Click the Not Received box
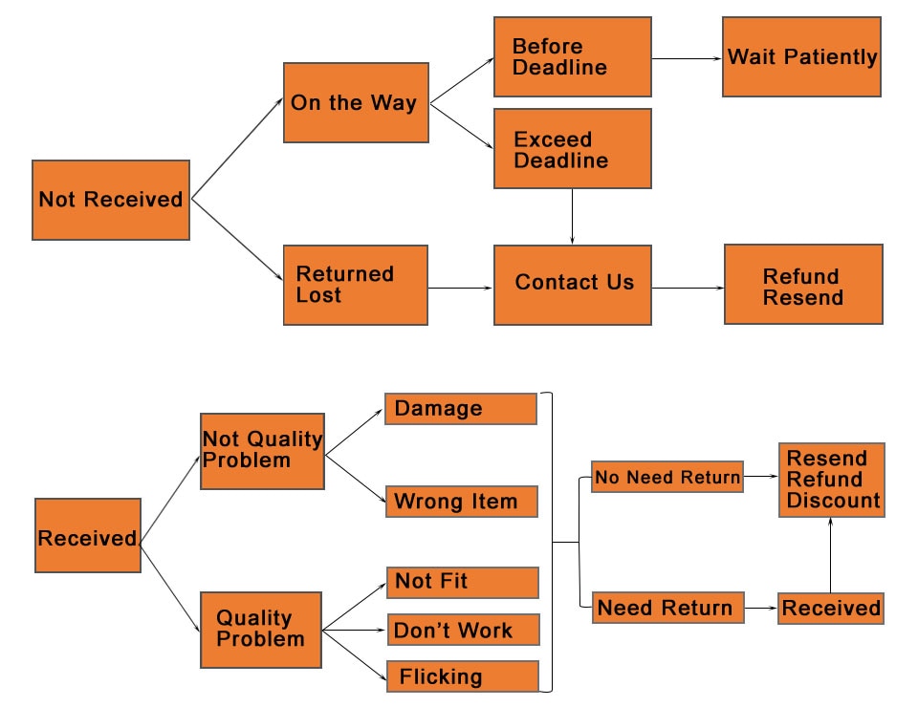111,200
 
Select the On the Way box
356,103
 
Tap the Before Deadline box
573,56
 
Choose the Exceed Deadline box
573,148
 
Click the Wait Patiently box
801,56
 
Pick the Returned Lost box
356,285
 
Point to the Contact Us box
573,285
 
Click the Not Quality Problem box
262,452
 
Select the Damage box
461,409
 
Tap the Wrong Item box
461,502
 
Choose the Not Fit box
463,583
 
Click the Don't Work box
463,630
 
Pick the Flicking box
463,676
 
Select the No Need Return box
667,477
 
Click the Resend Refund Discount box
831,481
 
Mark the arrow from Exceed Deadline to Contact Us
572,216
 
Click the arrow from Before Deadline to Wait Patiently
687,58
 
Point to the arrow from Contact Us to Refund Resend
688,288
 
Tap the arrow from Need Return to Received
761,609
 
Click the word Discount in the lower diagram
833,501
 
